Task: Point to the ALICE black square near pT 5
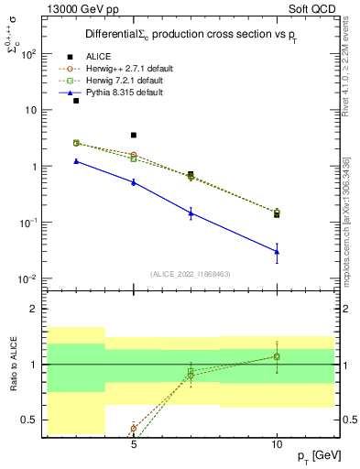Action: click(x=134, y=136)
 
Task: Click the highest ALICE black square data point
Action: click(x=76, y=101)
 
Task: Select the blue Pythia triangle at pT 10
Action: click(x=277, y=251)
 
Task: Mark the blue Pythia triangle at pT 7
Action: click(x=191, y=213)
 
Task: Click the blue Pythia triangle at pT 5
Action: click(x=134, y=182)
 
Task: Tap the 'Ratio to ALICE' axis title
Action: click(x=14, y=365)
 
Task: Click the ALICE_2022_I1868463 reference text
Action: click(x=190, y=274)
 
